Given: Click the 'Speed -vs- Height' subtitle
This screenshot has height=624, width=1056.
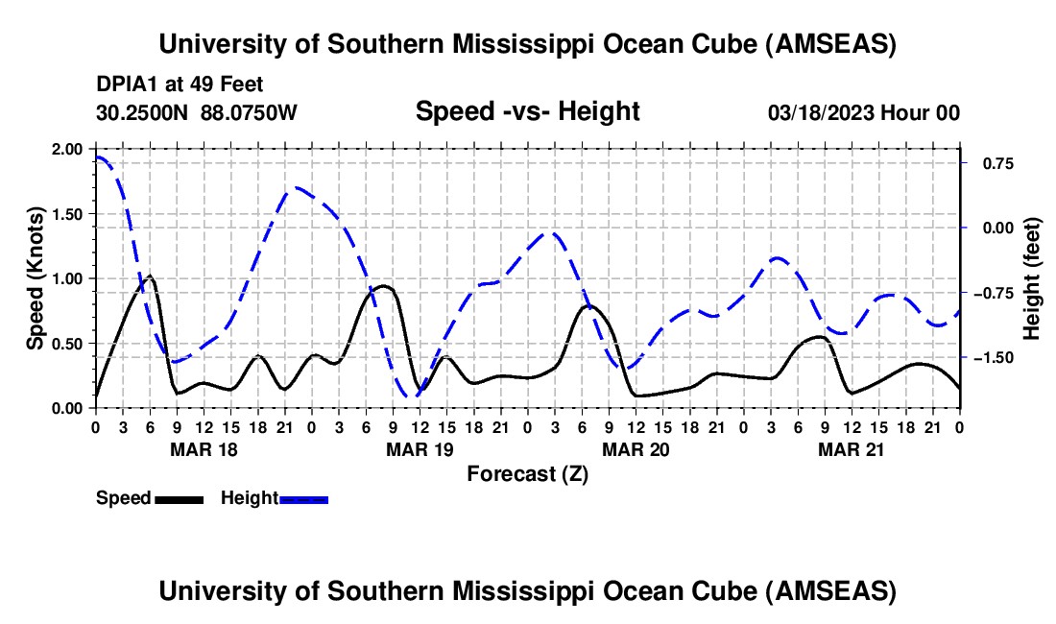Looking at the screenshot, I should coord(527,111).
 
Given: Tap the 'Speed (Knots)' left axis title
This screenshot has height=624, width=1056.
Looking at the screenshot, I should coord(36,278).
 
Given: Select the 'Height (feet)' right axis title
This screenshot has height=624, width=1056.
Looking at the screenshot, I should coord(1032,278).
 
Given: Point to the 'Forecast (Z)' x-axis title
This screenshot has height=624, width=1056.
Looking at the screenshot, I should coord(527,473).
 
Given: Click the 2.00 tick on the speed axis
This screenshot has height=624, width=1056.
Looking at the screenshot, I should coord(70,149).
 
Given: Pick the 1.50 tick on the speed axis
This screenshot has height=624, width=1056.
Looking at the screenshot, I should coord(70,214).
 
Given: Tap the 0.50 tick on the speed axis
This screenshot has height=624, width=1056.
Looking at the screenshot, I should coord(70,344).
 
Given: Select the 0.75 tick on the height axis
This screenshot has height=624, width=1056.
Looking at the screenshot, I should coord(996,164).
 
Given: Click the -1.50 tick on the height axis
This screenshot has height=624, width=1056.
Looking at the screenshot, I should coord(993,358).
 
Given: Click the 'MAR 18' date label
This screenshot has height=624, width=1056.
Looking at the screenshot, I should coord(204,449).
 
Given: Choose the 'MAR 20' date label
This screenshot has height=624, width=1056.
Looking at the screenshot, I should coord(636,449).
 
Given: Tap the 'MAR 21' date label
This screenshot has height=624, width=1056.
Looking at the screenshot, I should coord(852,449).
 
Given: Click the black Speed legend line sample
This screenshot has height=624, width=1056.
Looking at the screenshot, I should coord(179,498).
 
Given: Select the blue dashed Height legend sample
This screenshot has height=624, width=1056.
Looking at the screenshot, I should coord(303,498).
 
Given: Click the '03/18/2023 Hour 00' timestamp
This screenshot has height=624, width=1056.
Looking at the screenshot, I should coord(864,112).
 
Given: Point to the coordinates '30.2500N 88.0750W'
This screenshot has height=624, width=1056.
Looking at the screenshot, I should coord(197,112).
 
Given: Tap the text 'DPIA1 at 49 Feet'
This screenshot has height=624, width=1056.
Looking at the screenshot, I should coord(180,85).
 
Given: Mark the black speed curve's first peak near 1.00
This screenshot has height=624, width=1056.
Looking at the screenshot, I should coord(149,276).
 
